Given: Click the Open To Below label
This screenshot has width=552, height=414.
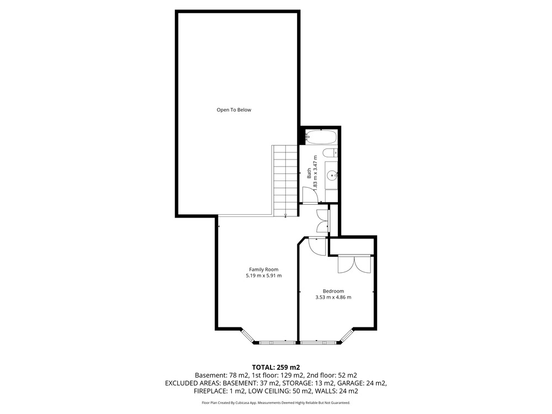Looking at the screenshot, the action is [x=233, y=110].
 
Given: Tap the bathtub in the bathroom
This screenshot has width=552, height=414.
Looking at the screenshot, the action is [x=321, y=137].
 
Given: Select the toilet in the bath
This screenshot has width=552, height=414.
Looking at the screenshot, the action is [x=330, y=153].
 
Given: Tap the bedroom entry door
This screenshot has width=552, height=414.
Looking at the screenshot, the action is [x=317, y=246].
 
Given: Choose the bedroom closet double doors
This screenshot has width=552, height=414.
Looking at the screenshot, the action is [x=354, y=264].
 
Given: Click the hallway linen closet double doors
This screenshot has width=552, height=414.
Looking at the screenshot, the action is [x=323, y=221].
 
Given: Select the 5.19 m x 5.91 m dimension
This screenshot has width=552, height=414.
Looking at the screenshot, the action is [x=264, y=275].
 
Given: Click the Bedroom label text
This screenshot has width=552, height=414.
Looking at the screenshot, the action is [x=333, y=291].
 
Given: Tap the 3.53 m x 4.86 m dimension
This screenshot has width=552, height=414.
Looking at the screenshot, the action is [x=333, y=297].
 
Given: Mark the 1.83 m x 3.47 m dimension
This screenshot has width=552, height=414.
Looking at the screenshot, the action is [x=315, y=173].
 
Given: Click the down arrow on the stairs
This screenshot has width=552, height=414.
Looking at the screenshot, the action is [x=285, y=215].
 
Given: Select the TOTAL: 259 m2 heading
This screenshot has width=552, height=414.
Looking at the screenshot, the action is [x=276, y=368].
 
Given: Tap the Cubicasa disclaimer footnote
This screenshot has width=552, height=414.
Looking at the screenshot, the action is [x=276, y=402].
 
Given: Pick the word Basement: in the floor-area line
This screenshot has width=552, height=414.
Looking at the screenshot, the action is [x=210, y=375].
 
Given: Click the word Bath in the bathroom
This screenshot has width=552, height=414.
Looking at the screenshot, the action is [x=309, y=173].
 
